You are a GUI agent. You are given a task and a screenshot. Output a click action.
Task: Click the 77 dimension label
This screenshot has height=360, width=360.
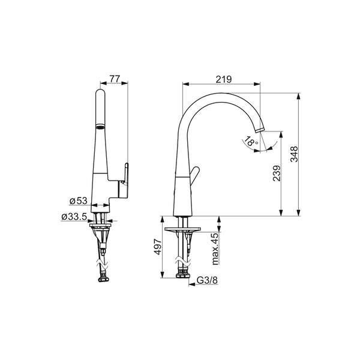click(115, 79)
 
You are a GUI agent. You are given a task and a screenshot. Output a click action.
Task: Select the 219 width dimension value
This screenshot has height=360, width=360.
click(224, 79)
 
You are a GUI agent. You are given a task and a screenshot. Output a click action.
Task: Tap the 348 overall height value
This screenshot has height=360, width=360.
click(294, 154)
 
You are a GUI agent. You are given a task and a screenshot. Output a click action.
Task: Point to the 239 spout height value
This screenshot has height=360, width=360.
click(277, 173)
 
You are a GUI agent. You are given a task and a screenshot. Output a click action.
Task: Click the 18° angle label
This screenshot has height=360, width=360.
click(251, 141)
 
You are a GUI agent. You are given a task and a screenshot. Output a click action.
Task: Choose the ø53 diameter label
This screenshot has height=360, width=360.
click(79, 201)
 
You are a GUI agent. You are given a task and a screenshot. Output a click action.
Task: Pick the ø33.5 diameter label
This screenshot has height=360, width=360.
click(74, 216)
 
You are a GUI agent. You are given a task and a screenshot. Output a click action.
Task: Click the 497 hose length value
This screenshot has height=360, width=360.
click(157, 247)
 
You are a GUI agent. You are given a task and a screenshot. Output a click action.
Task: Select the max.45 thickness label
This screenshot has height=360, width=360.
click(215, 249)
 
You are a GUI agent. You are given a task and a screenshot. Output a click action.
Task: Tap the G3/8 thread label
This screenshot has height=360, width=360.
click(208, 280)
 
